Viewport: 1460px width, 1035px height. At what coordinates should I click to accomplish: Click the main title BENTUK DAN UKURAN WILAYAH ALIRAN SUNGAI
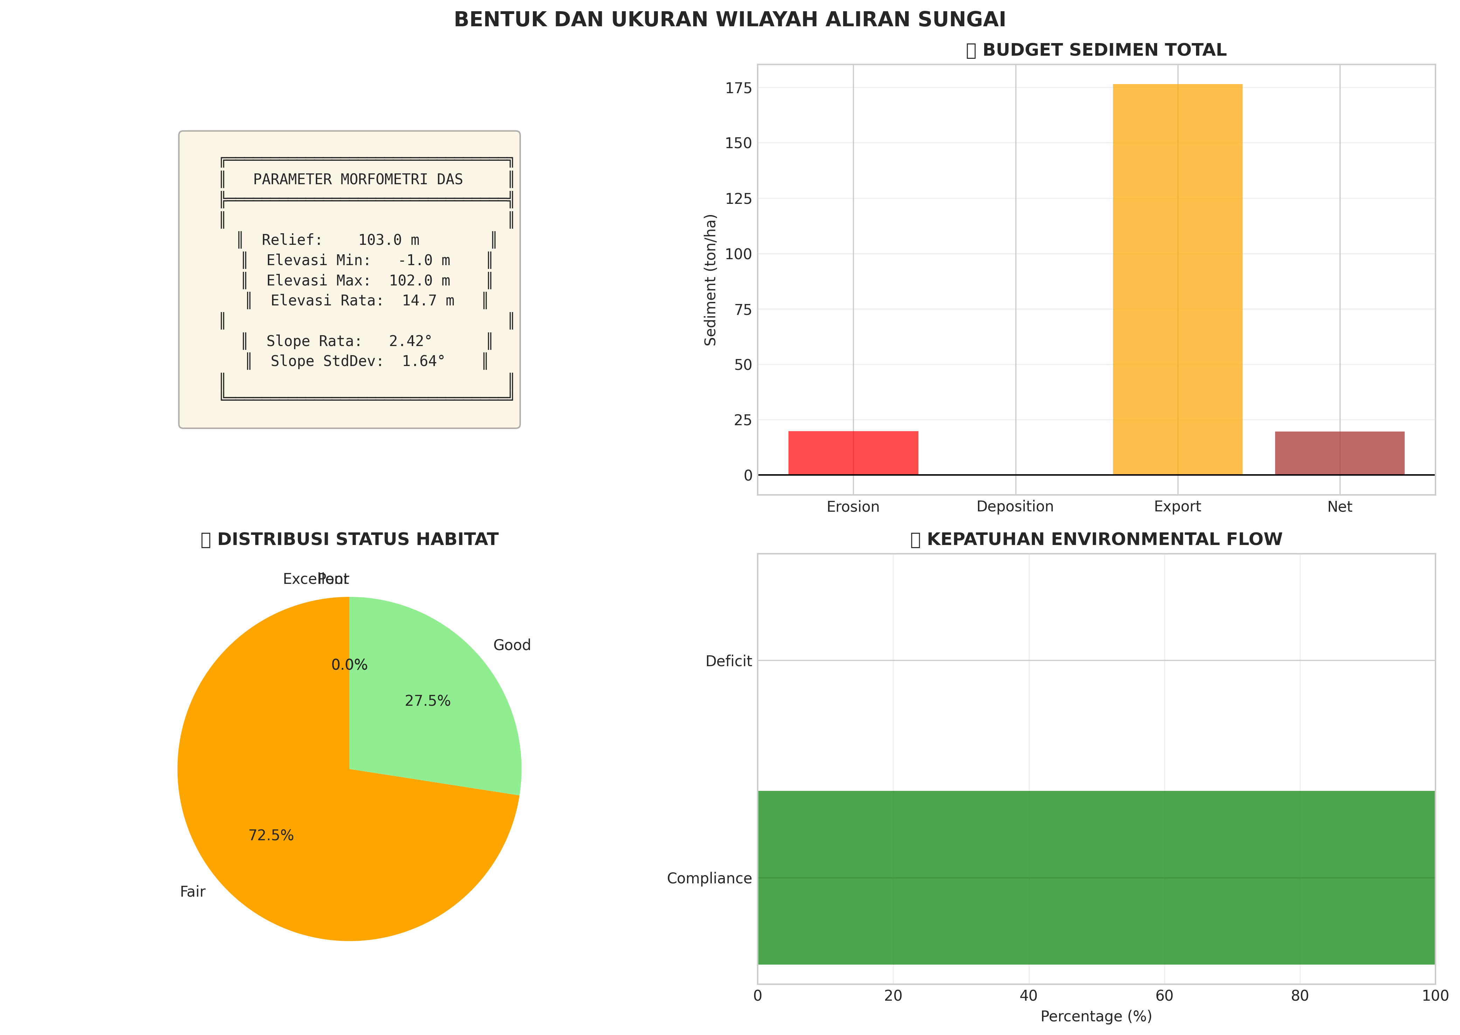pyautogui.click(x=729, y=20)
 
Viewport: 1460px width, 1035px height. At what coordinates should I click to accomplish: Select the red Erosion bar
pyautogui.click(x=853, y=453)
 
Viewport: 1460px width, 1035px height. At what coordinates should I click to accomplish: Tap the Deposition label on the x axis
pyautogui.click(x=1015, y=507)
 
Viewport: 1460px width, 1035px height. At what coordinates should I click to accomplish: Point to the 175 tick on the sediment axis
pyautogui.click(x=738, y=88)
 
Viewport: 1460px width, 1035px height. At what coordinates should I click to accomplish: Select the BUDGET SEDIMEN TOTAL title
pyautogui.click(x=1104, y=50)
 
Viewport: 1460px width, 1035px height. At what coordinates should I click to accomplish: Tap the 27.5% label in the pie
pyautogui.click(x=427, y=701)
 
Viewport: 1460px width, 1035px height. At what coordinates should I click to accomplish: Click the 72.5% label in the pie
pyautogui.click(x=271, y=835)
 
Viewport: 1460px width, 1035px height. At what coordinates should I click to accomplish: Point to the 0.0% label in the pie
pyautogui.click(x=349, y=665)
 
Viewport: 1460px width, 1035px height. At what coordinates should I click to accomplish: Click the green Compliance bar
pyautogui.click(x=1096, y=878)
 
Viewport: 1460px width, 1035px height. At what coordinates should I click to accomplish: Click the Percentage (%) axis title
pyautogui.click(x=1096, y=1016)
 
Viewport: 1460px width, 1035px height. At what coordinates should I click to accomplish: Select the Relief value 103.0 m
pyautogui.click(x=389, y=240)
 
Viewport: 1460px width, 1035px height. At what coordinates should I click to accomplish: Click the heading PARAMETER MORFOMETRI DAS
pyautogui.click(x=358, y=180)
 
